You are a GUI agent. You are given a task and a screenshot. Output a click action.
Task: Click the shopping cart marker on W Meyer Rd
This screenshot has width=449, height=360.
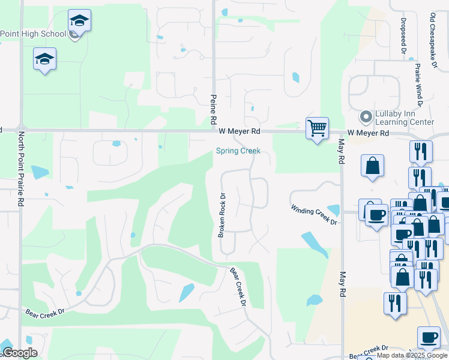(x=316, y=128)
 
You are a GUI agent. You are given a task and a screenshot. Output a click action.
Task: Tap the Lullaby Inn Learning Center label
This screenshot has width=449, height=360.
(x=404, y=118)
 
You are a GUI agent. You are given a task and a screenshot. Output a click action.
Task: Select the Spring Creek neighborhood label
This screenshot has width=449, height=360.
(x=238, y=151)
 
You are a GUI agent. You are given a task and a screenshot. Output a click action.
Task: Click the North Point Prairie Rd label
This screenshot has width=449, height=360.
(x=20, y=169)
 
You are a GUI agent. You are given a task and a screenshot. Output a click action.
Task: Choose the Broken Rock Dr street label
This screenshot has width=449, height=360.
(x=221, y=215)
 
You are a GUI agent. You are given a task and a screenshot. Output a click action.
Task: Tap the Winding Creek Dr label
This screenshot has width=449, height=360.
(x=314, y=214)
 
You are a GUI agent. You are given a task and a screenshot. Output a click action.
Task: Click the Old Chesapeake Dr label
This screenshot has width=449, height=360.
(x=432, y=40)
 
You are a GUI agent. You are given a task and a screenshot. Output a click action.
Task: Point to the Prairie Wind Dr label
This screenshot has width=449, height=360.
(x=418, y=83)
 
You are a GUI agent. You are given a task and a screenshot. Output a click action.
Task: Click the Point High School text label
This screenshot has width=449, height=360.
(x=33, y=34)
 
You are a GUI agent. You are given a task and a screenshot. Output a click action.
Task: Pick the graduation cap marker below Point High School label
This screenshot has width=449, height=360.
(x=44, y=59)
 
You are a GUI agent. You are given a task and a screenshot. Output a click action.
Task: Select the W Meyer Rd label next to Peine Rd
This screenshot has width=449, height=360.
(x=240, y=131)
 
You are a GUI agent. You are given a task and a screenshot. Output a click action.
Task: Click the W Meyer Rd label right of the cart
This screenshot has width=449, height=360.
(x=368, y=133)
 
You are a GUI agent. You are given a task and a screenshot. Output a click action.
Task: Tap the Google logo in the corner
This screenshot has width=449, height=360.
(x=19, y=353)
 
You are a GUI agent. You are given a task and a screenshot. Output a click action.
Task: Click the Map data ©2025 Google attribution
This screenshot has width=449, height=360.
(x=412, y=356)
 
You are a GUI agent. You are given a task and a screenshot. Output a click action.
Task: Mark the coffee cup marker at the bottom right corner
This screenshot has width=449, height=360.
(x=428, y=338)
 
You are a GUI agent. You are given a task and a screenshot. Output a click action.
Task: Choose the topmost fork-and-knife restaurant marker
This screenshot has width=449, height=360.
(x=421, y=151)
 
